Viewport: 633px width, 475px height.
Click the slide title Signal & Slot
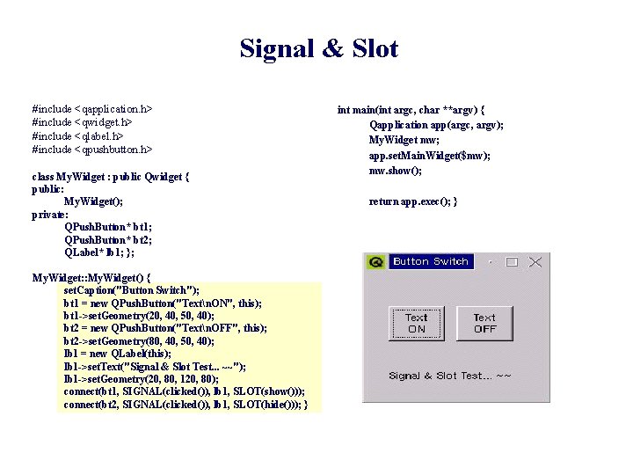[x=318, y=49]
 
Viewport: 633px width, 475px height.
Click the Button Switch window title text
[x=430, y=261]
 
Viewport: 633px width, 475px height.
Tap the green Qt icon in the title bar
[x=376, y=262]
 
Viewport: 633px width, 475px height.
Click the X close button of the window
[x=535, y=261]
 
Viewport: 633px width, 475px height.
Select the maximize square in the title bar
[x=513, y=261]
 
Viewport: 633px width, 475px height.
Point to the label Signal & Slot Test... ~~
[x=450, y=376]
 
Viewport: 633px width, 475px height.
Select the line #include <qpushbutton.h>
[x=92, y=150]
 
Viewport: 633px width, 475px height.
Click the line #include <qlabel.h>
[x=78, y=135]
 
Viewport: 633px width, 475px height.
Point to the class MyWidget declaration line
[x=111, y=176]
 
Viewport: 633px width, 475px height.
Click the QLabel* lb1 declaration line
[x=99, y=252]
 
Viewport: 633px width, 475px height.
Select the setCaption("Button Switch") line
[x=132, y=290]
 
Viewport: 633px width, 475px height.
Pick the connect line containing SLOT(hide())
[x=186, y=405]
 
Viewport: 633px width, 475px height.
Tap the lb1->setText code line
[x=155, y=366]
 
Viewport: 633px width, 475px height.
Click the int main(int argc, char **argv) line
[x=411, y=110]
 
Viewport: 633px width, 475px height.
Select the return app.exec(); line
[x=412, y=201]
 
